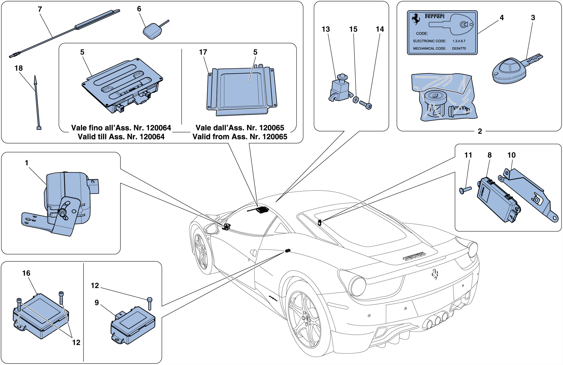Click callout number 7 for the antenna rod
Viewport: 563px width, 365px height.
40,9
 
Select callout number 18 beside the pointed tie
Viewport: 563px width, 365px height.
18,68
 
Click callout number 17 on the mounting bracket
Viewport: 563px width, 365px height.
203,52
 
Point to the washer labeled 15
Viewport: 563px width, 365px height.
356,100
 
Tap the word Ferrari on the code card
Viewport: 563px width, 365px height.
434,16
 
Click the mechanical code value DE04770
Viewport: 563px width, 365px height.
459,48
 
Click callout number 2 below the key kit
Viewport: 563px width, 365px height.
480,131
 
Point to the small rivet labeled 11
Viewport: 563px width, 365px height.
465,190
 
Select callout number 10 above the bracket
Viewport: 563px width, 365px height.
511,155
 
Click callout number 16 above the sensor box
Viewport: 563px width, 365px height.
26,273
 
